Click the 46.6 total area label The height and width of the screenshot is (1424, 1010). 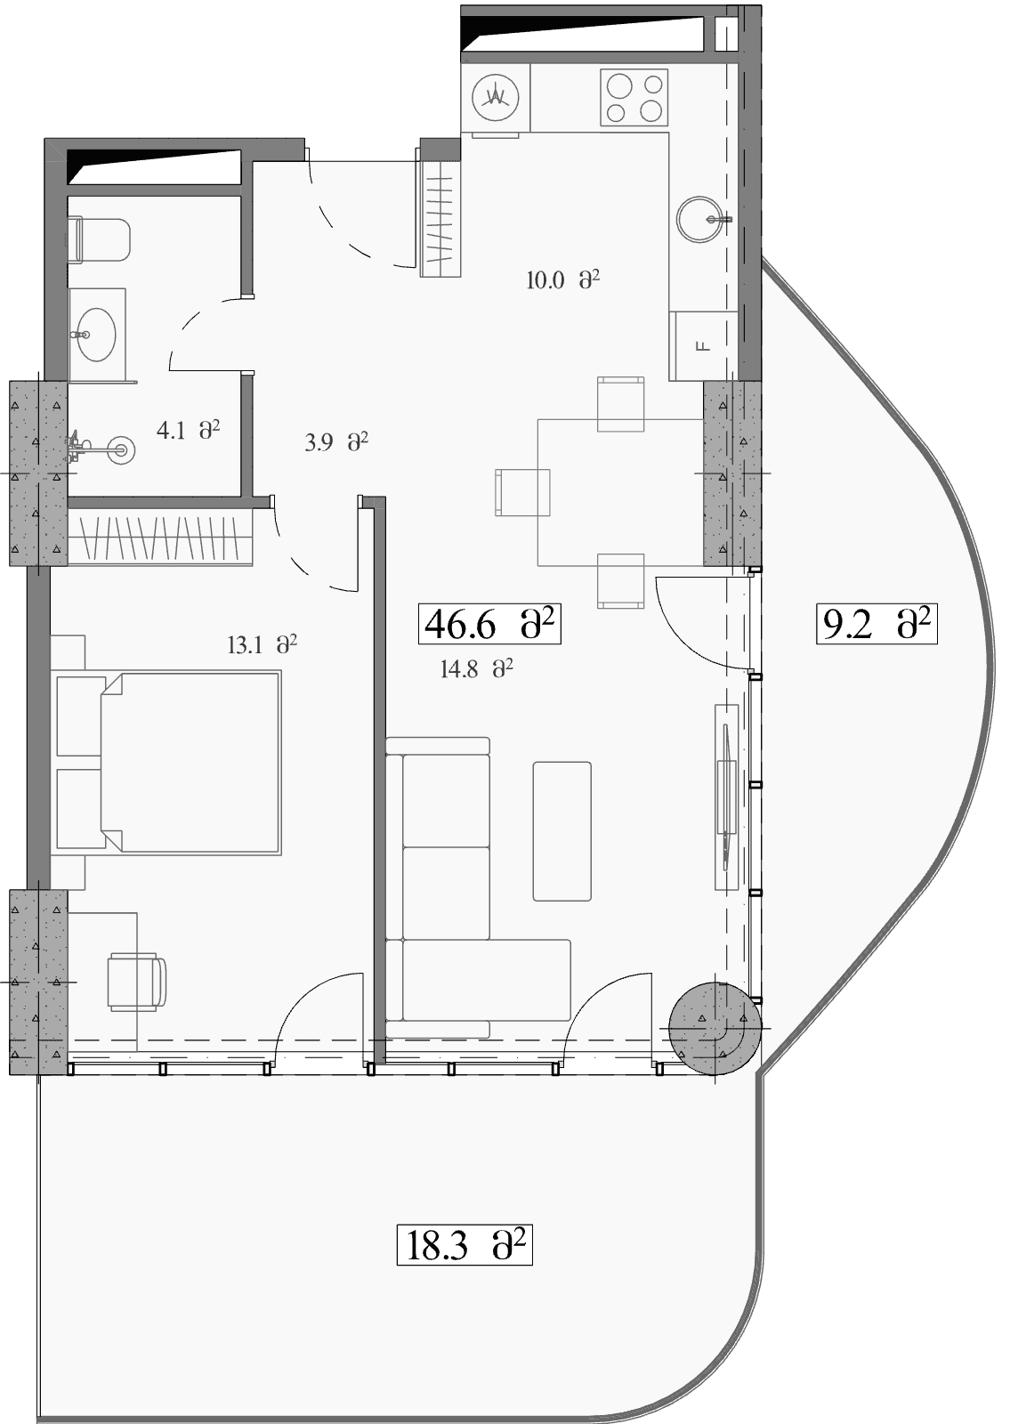[489, 624]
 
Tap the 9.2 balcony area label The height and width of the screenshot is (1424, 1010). [877, 624]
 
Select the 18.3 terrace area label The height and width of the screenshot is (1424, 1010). [465, 1245]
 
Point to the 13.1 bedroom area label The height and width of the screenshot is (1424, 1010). [263, 645]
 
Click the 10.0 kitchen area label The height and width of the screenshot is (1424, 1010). [563, 279]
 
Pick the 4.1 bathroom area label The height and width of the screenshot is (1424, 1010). [188, 431]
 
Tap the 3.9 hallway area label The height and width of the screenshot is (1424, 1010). [336, 441]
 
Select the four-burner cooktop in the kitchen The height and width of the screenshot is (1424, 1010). [634, 97]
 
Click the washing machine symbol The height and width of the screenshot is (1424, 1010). [496, 98]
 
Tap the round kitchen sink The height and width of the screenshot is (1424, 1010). [699, 219]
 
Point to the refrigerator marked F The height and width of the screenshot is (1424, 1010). [704, 346]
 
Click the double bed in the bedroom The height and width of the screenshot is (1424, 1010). [169, 763]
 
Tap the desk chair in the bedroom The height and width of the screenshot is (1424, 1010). [137, 982]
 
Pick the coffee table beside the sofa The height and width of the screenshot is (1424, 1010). [562, 831]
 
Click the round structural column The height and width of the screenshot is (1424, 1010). [715, 1028]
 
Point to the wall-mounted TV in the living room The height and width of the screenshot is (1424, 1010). [726, 797]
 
